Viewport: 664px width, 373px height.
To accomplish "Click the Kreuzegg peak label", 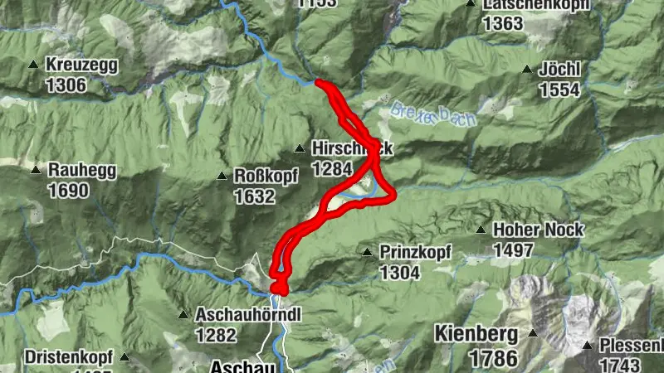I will [82, 65].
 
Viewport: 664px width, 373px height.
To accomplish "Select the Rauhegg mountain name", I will [82, 170].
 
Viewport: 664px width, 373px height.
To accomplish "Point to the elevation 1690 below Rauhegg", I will [68, 191].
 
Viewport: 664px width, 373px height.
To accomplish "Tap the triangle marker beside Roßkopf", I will [222, 176].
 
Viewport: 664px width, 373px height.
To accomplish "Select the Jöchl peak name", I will [559, 70].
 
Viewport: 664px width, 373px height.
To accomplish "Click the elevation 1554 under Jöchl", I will [559, 90].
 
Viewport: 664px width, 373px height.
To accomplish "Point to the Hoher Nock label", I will [539, 230].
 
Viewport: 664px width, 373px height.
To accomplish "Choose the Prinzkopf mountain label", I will [415, 251].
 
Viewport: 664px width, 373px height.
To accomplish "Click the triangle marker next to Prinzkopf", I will [367, 251].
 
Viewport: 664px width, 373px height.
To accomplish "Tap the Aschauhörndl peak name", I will [247, 315].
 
